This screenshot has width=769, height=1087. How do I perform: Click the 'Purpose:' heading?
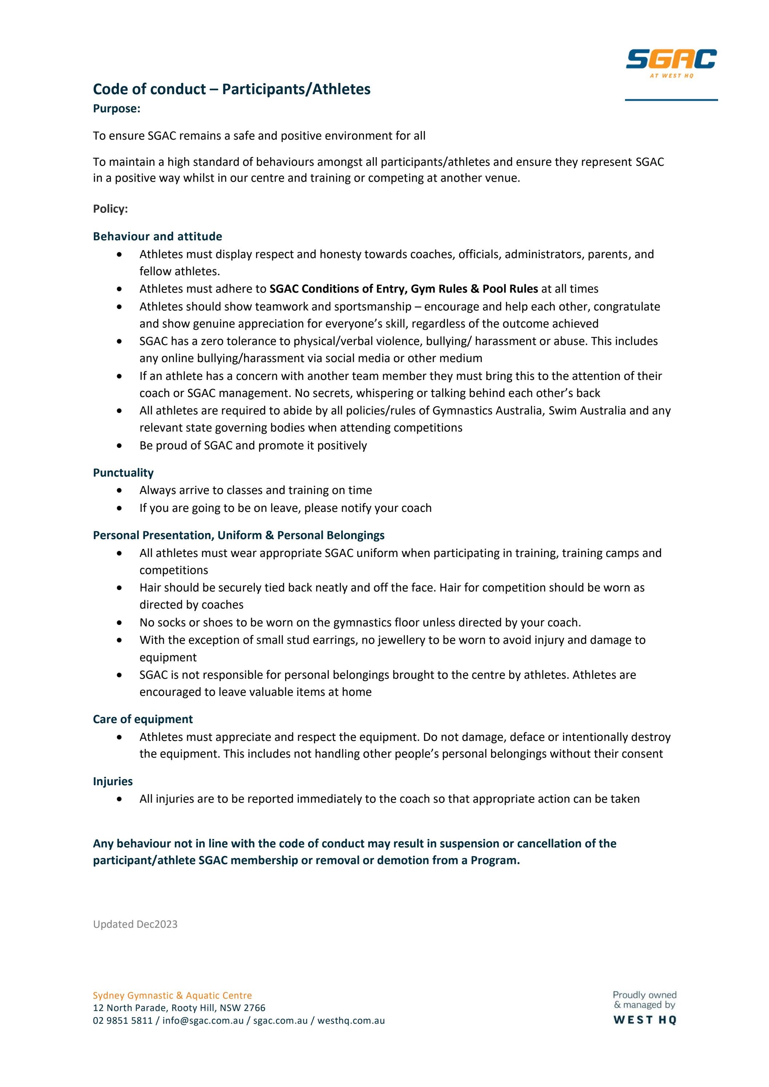116,109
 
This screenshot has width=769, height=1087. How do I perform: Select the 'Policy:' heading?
110,209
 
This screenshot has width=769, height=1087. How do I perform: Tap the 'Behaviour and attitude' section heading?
157,236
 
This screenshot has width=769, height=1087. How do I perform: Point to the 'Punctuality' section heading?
123,473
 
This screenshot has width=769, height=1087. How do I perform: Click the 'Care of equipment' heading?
143,719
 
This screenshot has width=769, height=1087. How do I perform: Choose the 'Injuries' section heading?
113,781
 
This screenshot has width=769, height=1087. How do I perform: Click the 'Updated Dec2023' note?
135,924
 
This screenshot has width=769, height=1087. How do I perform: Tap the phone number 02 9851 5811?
123,1021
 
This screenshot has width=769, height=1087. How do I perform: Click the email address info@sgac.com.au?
203,1021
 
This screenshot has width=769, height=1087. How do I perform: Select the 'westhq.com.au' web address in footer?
351,1021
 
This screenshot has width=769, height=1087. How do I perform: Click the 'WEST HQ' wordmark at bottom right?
645,1020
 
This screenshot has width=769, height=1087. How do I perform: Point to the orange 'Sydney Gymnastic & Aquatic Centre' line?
172,996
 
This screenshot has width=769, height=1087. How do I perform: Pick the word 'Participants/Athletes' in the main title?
296,89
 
